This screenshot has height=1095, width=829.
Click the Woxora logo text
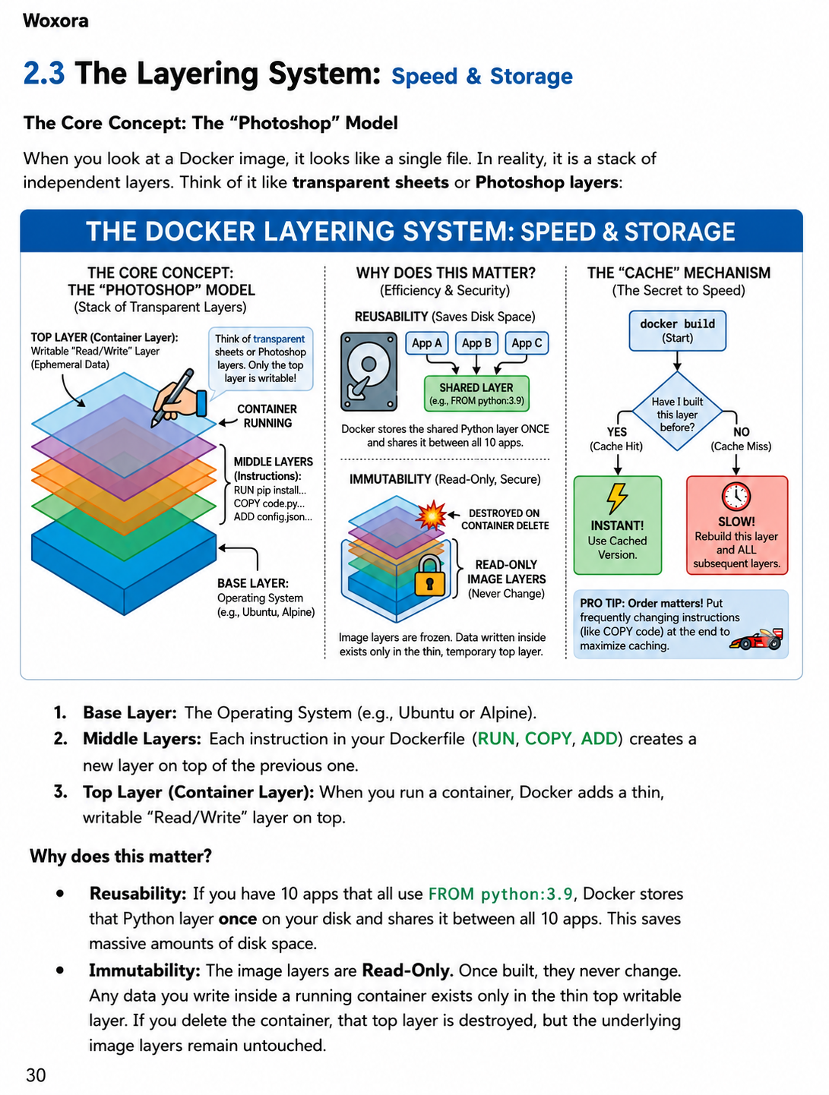tap(55, 21)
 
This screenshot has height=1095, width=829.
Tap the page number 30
tap(36, 1075)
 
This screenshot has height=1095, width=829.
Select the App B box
tap(476, 343)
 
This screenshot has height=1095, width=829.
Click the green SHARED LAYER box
tap(476, 393)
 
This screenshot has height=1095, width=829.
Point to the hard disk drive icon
tap(369, 371)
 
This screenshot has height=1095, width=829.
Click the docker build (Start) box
tap(677, 331)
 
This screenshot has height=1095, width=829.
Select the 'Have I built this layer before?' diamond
tap(677, 412)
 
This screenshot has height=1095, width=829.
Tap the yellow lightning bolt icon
tap(616, 498)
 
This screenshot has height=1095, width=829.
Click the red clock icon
tap(736, 496)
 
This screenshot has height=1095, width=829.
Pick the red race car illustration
tap(757, 639)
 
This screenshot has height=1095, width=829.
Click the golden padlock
tap(429, 576)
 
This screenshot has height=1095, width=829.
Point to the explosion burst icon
tap(431, 514)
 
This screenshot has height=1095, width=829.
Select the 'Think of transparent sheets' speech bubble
tap(260, 359)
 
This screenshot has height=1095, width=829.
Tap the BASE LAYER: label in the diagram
tap(252, 583)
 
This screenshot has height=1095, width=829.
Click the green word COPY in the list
tap(548, 738)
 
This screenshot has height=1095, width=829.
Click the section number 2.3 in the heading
tap(44, 73)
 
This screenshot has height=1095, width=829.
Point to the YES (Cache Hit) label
tap(616, 439)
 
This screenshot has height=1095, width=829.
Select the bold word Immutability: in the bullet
tap(144, 970)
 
